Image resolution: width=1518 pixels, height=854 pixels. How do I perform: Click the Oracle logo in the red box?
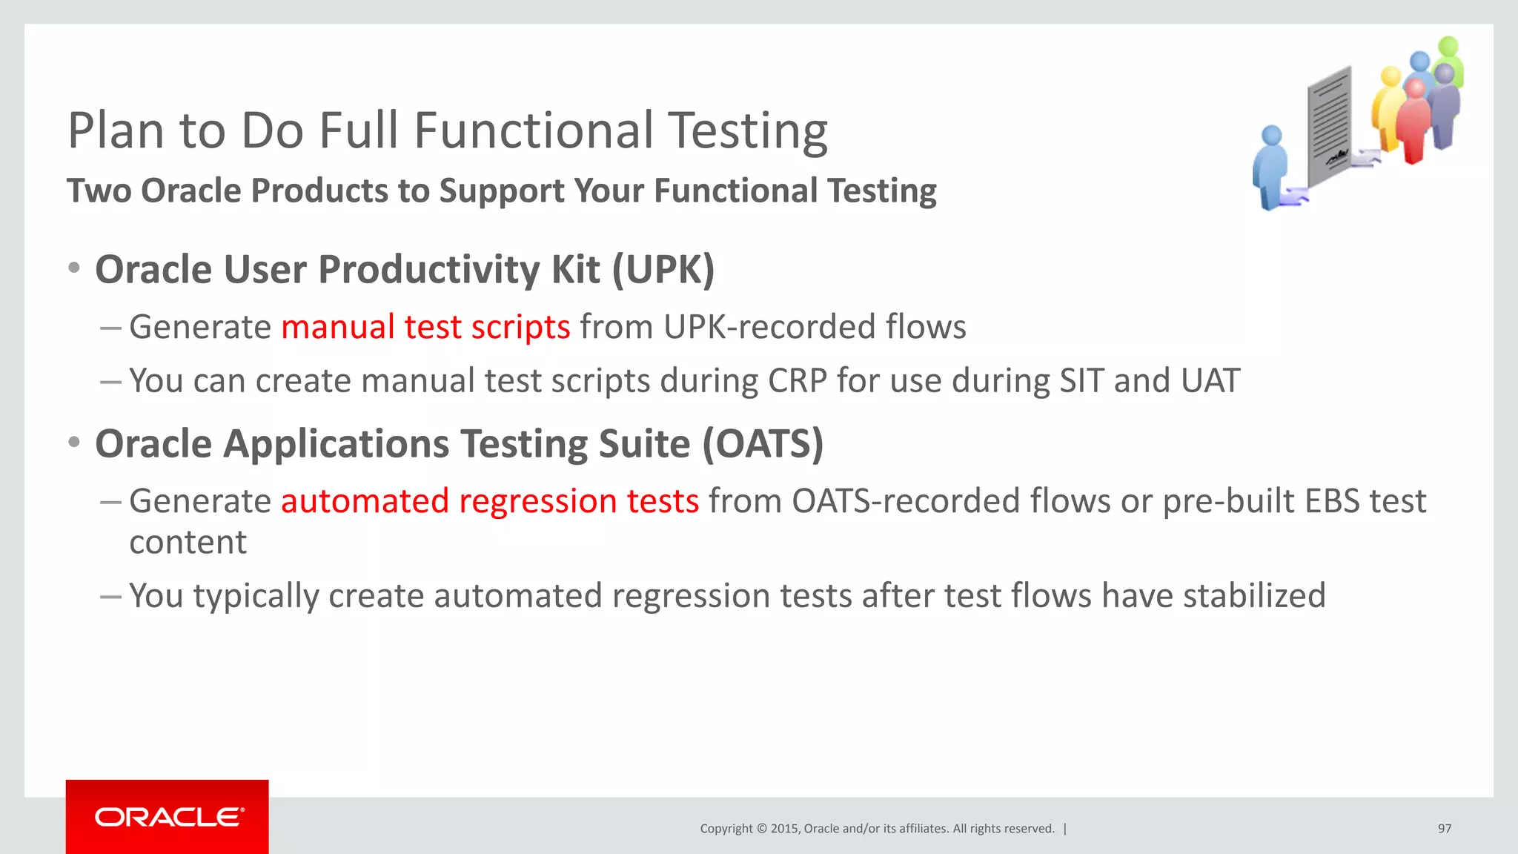coord(168,817)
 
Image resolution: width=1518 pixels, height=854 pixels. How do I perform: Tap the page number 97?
coord(1444,829)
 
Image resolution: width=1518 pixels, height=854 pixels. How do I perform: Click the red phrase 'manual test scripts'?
coord(425,327)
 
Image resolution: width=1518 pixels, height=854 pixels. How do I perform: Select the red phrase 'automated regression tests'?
coord(489,501)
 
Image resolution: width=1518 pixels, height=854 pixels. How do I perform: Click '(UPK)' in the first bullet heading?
coord(663,269)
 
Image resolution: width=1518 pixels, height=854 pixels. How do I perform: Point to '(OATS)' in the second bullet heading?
coord(763,444)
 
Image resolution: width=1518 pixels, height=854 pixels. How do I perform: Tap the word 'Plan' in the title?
coord(116,131)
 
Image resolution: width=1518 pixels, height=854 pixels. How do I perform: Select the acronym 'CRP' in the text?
coord(797,381)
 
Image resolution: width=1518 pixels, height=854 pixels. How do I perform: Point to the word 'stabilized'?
coord(1253,596)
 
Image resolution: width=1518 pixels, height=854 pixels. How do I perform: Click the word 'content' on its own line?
coord(188,543)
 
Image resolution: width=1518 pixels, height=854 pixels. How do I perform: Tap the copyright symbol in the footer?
coord(761,829)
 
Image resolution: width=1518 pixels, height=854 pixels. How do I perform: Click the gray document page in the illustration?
coord(1329,126)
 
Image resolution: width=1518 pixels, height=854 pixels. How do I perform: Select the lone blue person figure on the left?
coord(1270,167)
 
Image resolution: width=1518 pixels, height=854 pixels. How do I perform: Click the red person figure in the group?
coord(1413,122)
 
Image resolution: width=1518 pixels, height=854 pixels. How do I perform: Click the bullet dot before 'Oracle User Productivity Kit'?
coord(74,268)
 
